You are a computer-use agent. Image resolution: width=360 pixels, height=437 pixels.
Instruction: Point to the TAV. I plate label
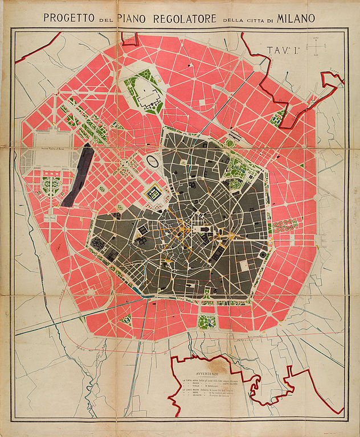point(283,50)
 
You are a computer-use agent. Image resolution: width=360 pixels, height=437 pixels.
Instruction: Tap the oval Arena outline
point(153,161)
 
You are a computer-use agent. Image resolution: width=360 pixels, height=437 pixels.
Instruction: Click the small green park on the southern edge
point(207,321)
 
